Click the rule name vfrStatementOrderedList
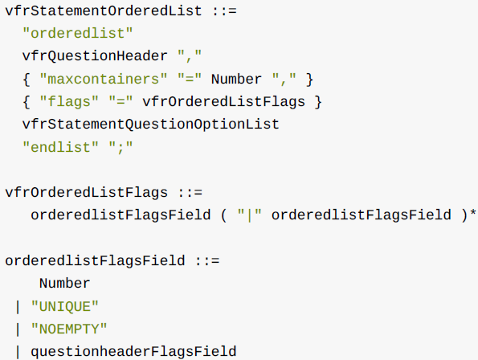point(104,11)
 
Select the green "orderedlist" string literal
point(78,33)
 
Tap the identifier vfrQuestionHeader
point(95,56)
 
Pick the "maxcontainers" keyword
point(104,79)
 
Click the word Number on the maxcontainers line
point(236,80)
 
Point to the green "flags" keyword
point(70,102)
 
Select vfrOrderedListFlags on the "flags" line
point(224,102)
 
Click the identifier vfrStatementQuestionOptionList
point(151,125)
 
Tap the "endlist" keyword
point(61,148)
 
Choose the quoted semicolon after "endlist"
point(121,148)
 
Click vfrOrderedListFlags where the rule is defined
point(87,193)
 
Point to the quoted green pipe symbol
point(250,215)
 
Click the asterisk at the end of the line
point(473,212)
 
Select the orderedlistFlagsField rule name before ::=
point(95,261)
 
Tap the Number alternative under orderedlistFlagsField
point(64,284)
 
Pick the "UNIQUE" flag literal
point(65,306)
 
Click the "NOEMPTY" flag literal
point(70,329)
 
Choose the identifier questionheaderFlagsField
point(133,352)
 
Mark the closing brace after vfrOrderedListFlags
point(318,102)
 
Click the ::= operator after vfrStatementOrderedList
point(224,11)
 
